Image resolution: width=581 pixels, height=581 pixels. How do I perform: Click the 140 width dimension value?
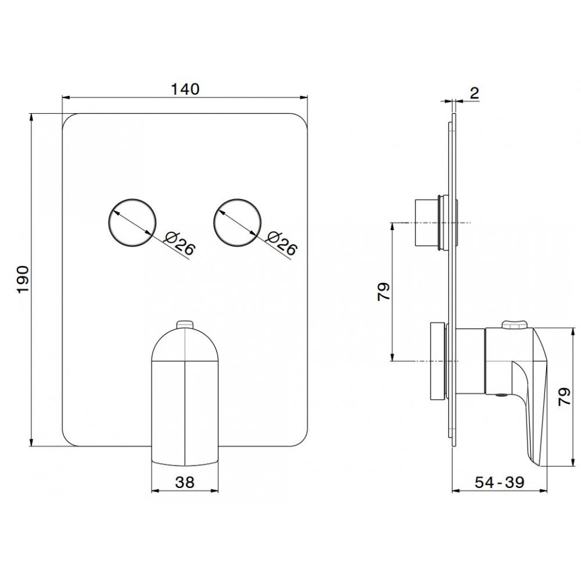[185, 89]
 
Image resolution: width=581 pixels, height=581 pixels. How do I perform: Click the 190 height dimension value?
[23, 279]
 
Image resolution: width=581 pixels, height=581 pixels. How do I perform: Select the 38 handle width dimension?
[185, 482]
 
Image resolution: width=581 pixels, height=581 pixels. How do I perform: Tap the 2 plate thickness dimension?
[475, 92]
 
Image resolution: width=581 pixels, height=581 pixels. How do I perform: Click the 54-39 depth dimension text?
[500, 482]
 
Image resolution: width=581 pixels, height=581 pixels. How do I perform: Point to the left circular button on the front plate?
[132, 223]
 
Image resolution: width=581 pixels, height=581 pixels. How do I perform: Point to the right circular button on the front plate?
[237, 223]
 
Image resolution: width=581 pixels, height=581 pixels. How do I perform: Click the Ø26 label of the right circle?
[282, 243]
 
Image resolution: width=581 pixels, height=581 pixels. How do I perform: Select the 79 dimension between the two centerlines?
[383, 291]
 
